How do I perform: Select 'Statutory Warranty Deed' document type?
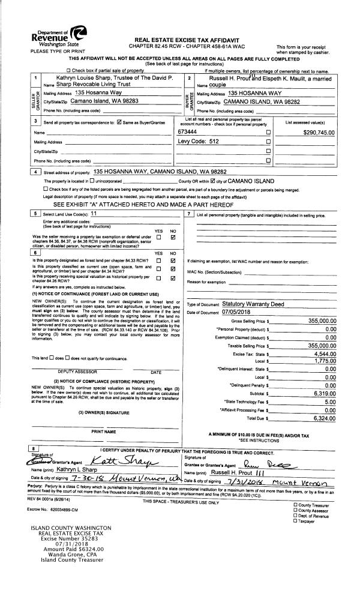pyautogui.click(x=253, y=304)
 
